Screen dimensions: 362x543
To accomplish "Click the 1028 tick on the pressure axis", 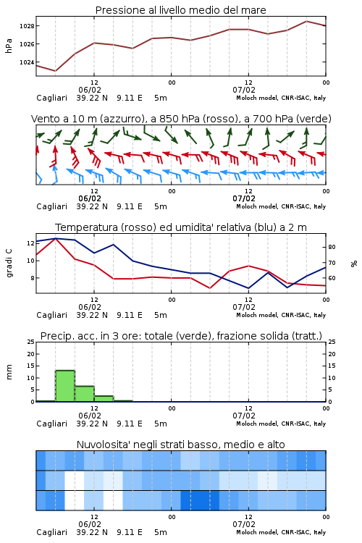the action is coord(27,26).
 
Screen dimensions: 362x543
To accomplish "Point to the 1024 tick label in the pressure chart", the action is coord(27,62).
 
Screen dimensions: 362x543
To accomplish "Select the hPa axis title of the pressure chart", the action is coord(9,46).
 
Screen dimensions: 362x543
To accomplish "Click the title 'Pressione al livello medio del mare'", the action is coord(181,10).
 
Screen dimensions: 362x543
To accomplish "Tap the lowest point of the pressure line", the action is coord(56,71).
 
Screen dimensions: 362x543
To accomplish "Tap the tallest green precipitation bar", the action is coord(65,386).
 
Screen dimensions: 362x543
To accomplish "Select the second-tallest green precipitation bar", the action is coord(85,394).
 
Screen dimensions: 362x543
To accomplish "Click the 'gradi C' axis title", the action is coord(9,263).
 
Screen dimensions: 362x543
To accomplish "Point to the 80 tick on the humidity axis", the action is coord(332,248).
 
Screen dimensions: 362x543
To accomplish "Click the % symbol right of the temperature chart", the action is coord(354,264).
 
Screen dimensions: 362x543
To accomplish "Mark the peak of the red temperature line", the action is coord(56,238).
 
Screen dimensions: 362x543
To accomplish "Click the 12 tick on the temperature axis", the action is coord(31,243).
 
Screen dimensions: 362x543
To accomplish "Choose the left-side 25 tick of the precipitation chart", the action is coord(31,342).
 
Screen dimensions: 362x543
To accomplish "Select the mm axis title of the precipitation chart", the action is coord(9,372).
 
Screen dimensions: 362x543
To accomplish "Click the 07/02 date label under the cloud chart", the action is coord(244,524).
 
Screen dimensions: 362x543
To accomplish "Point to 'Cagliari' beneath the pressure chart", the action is coord(51,98).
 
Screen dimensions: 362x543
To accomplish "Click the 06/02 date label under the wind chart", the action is coord(90,198).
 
